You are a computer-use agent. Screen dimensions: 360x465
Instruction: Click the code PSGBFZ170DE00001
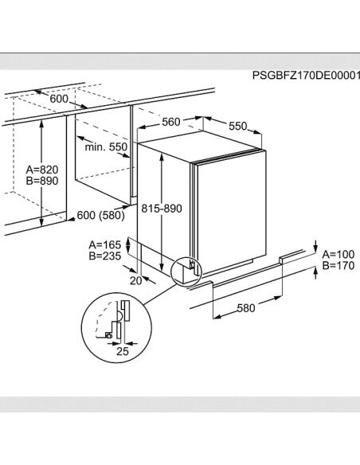coord(306,76)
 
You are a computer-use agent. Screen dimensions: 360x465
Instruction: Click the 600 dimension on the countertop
coord(59,99)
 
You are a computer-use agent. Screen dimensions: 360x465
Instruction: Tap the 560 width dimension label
coord(171,122)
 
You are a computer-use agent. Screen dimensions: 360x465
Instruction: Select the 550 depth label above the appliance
coord(238,127)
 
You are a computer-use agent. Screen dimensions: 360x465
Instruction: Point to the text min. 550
coord(106,147)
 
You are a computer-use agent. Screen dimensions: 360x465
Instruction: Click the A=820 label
coord(42,170)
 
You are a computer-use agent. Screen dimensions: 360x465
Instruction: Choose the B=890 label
coord(42,181)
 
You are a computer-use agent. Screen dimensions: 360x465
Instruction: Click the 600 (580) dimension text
coord(101,215)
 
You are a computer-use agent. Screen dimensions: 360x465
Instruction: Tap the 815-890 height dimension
coord(162,209)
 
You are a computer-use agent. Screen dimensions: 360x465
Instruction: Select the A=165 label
coord(105,245)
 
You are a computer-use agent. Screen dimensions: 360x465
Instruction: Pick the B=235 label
coord(105,256)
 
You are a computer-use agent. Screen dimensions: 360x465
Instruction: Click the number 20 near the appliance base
coord(136,280)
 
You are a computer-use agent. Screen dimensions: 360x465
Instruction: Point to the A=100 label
coord(338,255)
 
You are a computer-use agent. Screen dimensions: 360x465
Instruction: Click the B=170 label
coord(338,265)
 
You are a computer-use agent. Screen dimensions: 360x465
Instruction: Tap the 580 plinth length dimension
coord(246,308)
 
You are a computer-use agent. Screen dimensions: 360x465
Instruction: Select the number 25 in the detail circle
coord(123,351)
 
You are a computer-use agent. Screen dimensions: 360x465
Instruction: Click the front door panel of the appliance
coord(231,210)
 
